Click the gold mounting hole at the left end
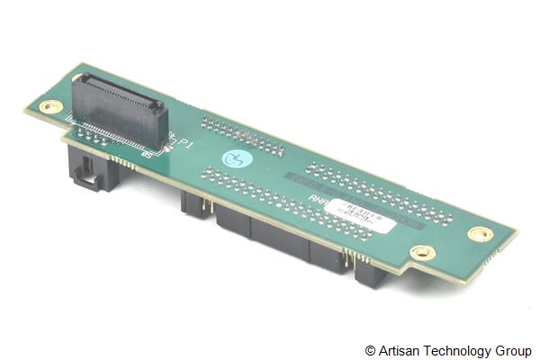tap(51, 106)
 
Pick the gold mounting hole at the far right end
tap(481, 234)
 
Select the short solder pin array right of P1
tap(241, 136)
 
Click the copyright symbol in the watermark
tap(370, 350)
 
